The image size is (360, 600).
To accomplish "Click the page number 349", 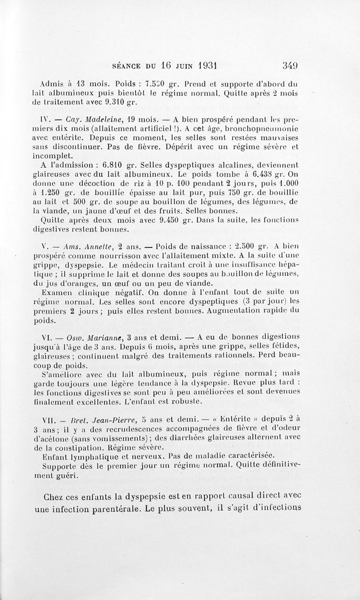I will pyautogui.click(x=290, y=65).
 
